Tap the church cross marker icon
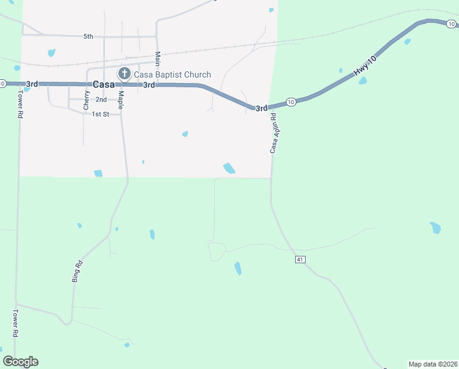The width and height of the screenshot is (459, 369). point(124,74)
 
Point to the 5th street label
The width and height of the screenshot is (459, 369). point(88,36)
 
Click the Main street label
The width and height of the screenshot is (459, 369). point(158,58)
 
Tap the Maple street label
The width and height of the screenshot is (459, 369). point(121,99)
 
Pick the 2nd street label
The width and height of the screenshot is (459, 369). point(101,99)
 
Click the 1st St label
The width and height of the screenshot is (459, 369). point(100,114)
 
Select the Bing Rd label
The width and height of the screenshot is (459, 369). point(77,271)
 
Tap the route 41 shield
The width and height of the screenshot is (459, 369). point(299,260)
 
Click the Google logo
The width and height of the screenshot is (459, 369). point(20,362)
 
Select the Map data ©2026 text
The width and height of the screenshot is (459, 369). point(433,364)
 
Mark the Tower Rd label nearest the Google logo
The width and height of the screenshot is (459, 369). point(15,323)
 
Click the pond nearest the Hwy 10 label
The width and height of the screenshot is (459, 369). point(363,81)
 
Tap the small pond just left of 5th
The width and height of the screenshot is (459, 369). point(52,53)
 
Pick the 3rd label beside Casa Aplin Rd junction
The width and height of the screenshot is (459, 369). point(261,108)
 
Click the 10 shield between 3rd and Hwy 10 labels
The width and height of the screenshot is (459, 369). point(291,101)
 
